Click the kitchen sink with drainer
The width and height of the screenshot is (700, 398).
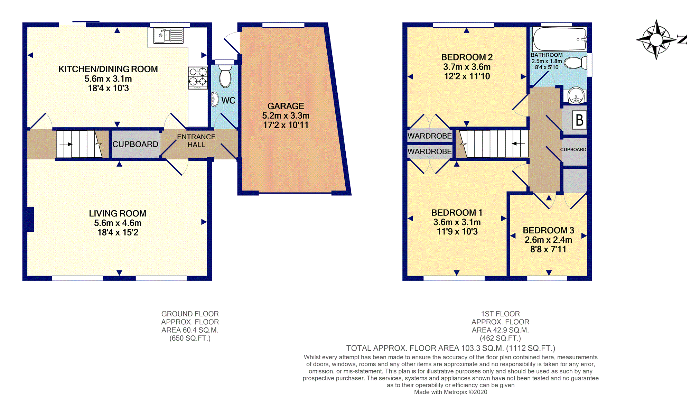tap(168, 36)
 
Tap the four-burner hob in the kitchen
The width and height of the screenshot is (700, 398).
tap(198, 78)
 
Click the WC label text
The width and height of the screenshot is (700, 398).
tap(228, 101)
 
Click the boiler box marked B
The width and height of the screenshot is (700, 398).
tap(580, 120)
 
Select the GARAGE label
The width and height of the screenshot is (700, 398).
tap(286, 106)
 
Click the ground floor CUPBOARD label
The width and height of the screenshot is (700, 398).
tap(135, 144)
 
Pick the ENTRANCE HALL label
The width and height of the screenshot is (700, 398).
tap(196, 141)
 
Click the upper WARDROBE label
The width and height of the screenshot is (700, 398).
tap(430, 136)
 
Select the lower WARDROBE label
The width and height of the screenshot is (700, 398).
tap(430, 151)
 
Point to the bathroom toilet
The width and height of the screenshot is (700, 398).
tap(576, 63)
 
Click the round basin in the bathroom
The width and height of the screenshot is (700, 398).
tap(576, 95)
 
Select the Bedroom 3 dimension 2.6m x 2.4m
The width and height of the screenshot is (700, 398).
tap(548, 240)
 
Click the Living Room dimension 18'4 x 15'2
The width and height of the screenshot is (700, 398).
tap(118, 232)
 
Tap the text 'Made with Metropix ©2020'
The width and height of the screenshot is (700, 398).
tap(451, 392)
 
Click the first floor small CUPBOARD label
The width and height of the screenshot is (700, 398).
tap(573, 149)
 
